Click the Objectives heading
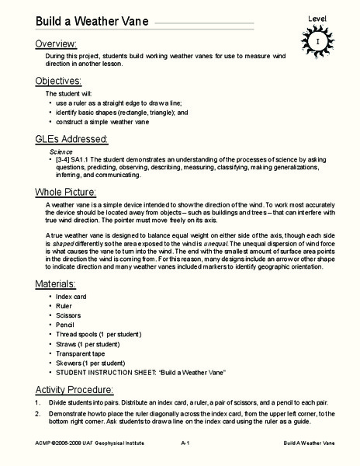tap(58, 80)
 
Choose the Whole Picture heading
tap(65, 191)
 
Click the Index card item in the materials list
tap(74, 275)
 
